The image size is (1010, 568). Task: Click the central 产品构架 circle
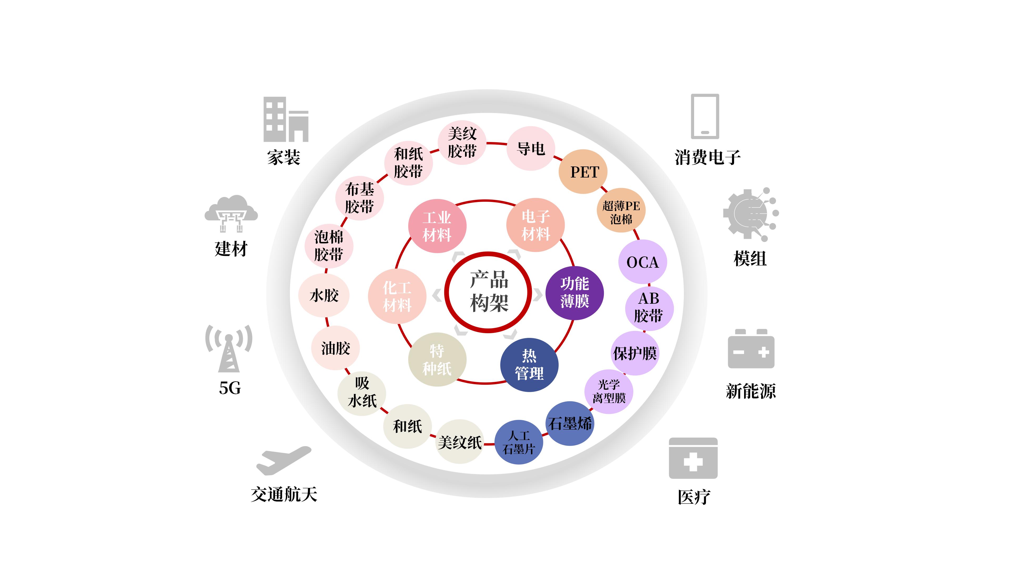[488, 292]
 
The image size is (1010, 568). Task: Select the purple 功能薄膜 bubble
[574, 292]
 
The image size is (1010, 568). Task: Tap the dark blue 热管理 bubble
[529, 364]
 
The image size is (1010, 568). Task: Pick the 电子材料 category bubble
[536, 225]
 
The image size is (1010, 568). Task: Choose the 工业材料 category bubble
[437, 226]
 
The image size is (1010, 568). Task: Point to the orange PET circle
[583, 172]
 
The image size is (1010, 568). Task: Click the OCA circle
[643, 262]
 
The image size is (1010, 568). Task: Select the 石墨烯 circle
[570, 423]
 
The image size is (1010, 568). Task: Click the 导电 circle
[531, 148]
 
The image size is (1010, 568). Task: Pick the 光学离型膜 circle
[609, 391]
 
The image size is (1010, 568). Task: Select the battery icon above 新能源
[751, 349]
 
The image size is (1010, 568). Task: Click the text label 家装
[284, 158]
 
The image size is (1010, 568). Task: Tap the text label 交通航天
[284, 494]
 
